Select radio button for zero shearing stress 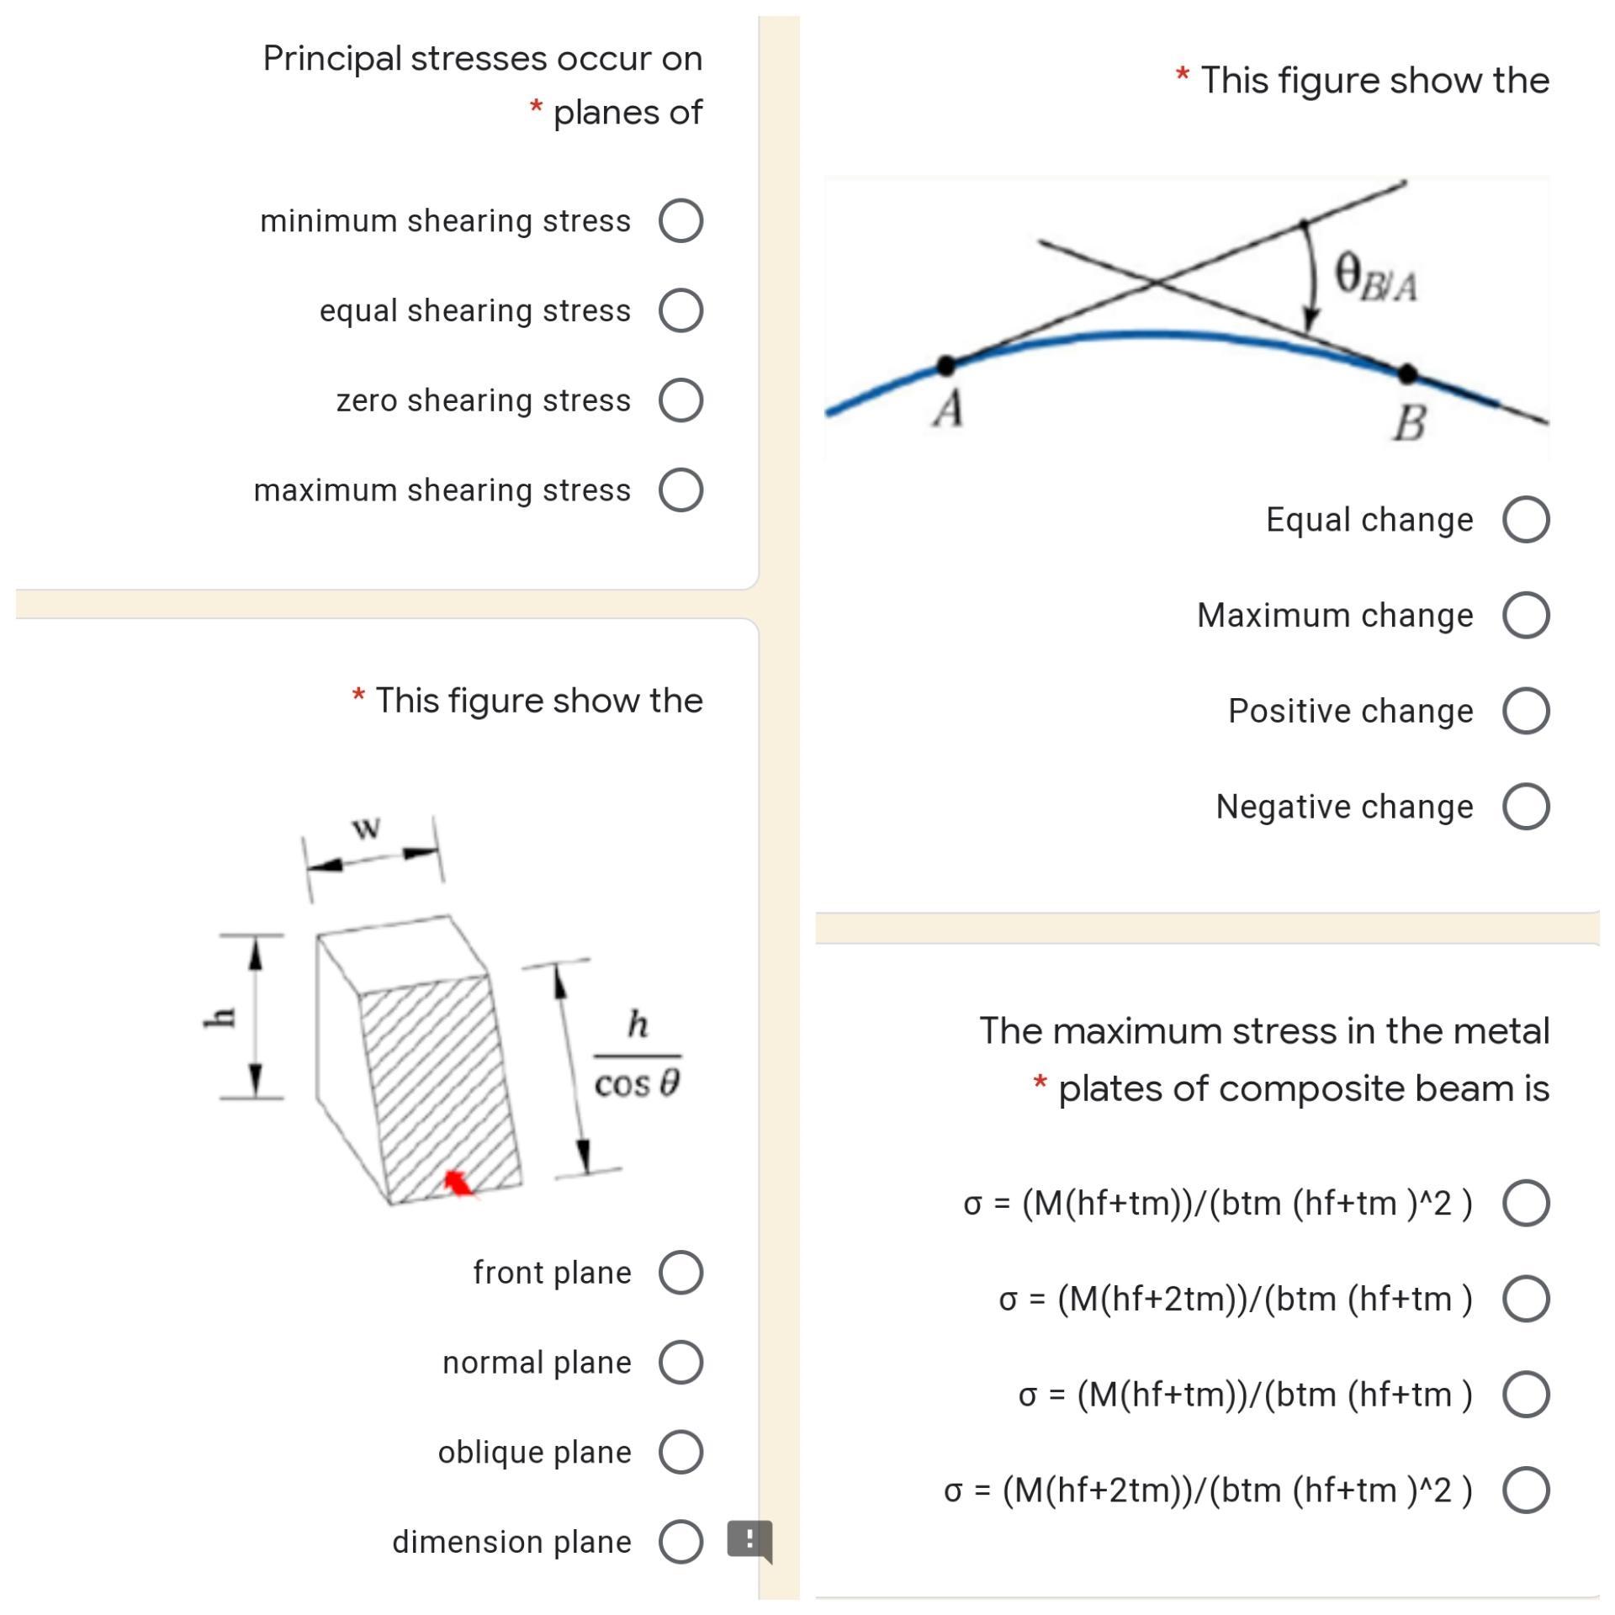(680, 400)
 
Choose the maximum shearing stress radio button (680, 490)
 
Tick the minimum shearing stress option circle (680, 220)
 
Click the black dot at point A (945, 365)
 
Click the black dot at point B (1407, 373)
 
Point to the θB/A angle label (1375, 278)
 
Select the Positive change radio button (1526, 711)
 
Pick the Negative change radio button (1526, 807)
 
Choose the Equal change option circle (1526, 519)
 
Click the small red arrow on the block (458, 1183)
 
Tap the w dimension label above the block (366, 828)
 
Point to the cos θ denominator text (637, 1083)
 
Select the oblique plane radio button (680, 1452)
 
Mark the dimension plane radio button (680, 1541)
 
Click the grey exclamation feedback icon (749, 1540)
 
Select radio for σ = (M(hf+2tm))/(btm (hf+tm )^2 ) (1526, 1491)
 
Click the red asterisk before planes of (536, 108)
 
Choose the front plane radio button (680, 1272)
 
